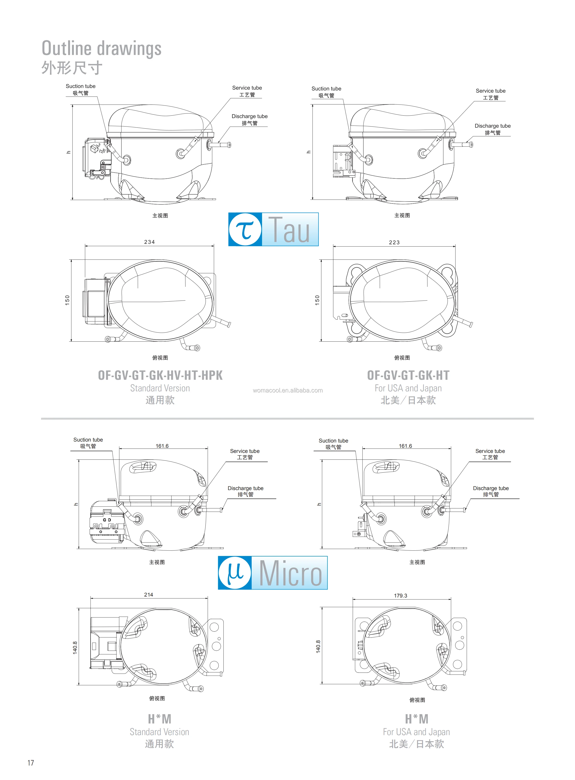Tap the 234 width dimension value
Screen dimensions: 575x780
coord(150,242)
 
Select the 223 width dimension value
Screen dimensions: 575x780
coord(394,242)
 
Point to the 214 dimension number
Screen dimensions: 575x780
coord(149,595)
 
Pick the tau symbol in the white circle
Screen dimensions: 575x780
coord(245,230)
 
